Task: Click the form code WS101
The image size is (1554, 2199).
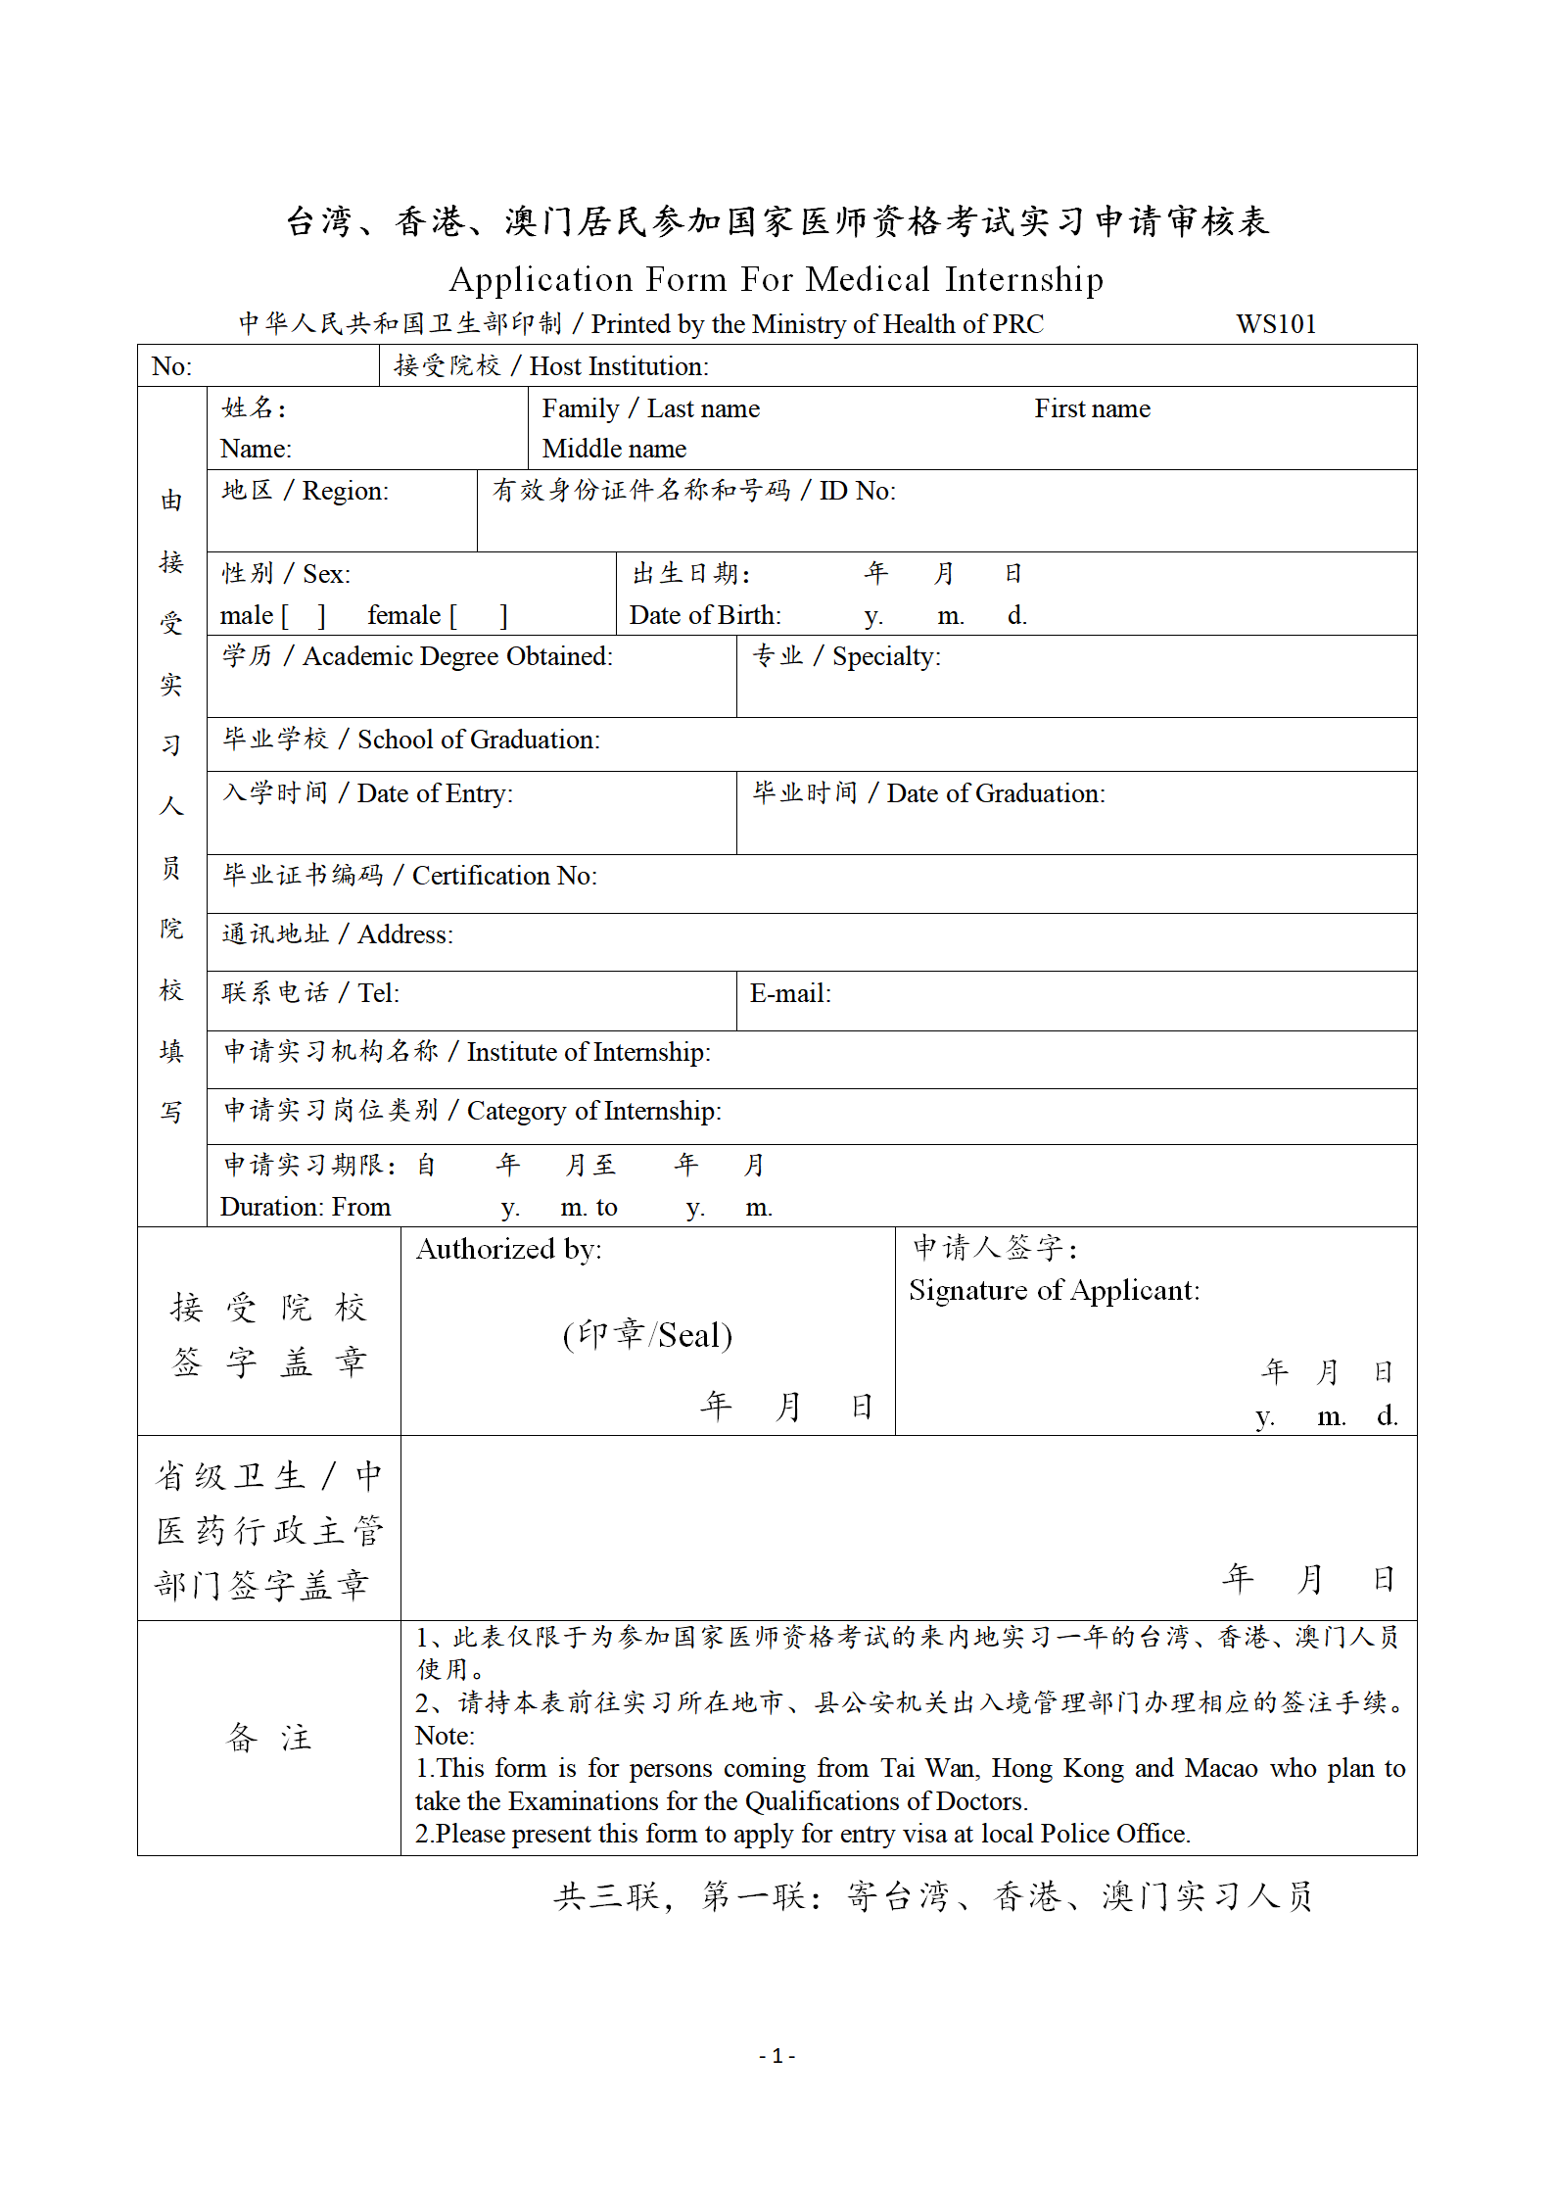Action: click(x=1275, y=324)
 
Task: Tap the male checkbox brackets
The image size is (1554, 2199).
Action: click(x=304, y=616)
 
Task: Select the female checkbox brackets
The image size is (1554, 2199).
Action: click(x=479, y=616)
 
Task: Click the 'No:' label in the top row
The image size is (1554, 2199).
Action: click(x=171, y=366)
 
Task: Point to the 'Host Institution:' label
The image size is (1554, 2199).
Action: click(x=619, y=366)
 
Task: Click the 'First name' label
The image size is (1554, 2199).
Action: click(x=1092, y=408)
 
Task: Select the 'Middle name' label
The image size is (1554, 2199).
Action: click(x=614, y=449)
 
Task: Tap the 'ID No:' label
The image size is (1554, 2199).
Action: click(x=857, y=491)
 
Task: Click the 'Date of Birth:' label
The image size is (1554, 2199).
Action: click(x=705, y=615)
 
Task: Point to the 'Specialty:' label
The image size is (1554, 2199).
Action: click(x=885, y=656)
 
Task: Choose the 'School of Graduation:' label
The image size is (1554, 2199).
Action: click(x=478, y=740)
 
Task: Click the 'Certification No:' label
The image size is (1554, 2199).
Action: click(x=503, y=876)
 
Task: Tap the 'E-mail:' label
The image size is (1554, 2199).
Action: click(x=790, y=993)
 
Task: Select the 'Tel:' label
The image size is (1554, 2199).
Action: click(x=378, y=993)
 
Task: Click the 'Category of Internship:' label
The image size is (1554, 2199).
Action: click(x=593, y=1111)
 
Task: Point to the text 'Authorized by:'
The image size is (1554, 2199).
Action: click(x=509, y=1249)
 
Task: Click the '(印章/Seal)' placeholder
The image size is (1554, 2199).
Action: click(x=647, y=1334)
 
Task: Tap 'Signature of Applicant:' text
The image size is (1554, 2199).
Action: click(x=1054, y=1290)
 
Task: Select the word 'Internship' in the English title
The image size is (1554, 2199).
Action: click(x=1023, y=280)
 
